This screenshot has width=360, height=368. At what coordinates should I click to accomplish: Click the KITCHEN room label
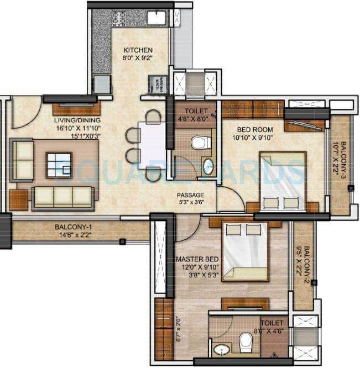click(x=137, y=50)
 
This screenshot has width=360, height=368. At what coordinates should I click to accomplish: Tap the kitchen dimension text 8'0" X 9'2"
click(x=137, y=57)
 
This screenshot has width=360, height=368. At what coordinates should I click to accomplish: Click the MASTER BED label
click(x=197, y=259)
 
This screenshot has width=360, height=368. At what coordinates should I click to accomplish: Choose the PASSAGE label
click(x=190, y=195)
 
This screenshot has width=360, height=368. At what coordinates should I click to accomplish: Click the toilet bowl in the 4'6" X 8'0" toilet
click(x=199, y=143)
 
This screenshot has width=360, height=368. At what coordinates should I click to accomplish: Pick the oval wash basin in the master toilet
click(x=222, y=350)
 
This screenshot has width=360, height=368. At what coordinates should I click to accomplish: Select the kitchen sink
click(x=156, y=17)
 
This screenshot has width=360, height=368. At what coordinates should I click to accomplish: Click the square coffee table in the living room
click(x=59, y=164)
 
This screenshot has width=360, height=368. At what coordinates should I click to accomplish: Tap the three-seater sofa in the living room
click(x=61, y=198)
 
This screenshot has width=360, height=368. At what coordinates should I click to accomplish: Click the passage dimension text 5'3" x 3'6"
click(x=190, y=203)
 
